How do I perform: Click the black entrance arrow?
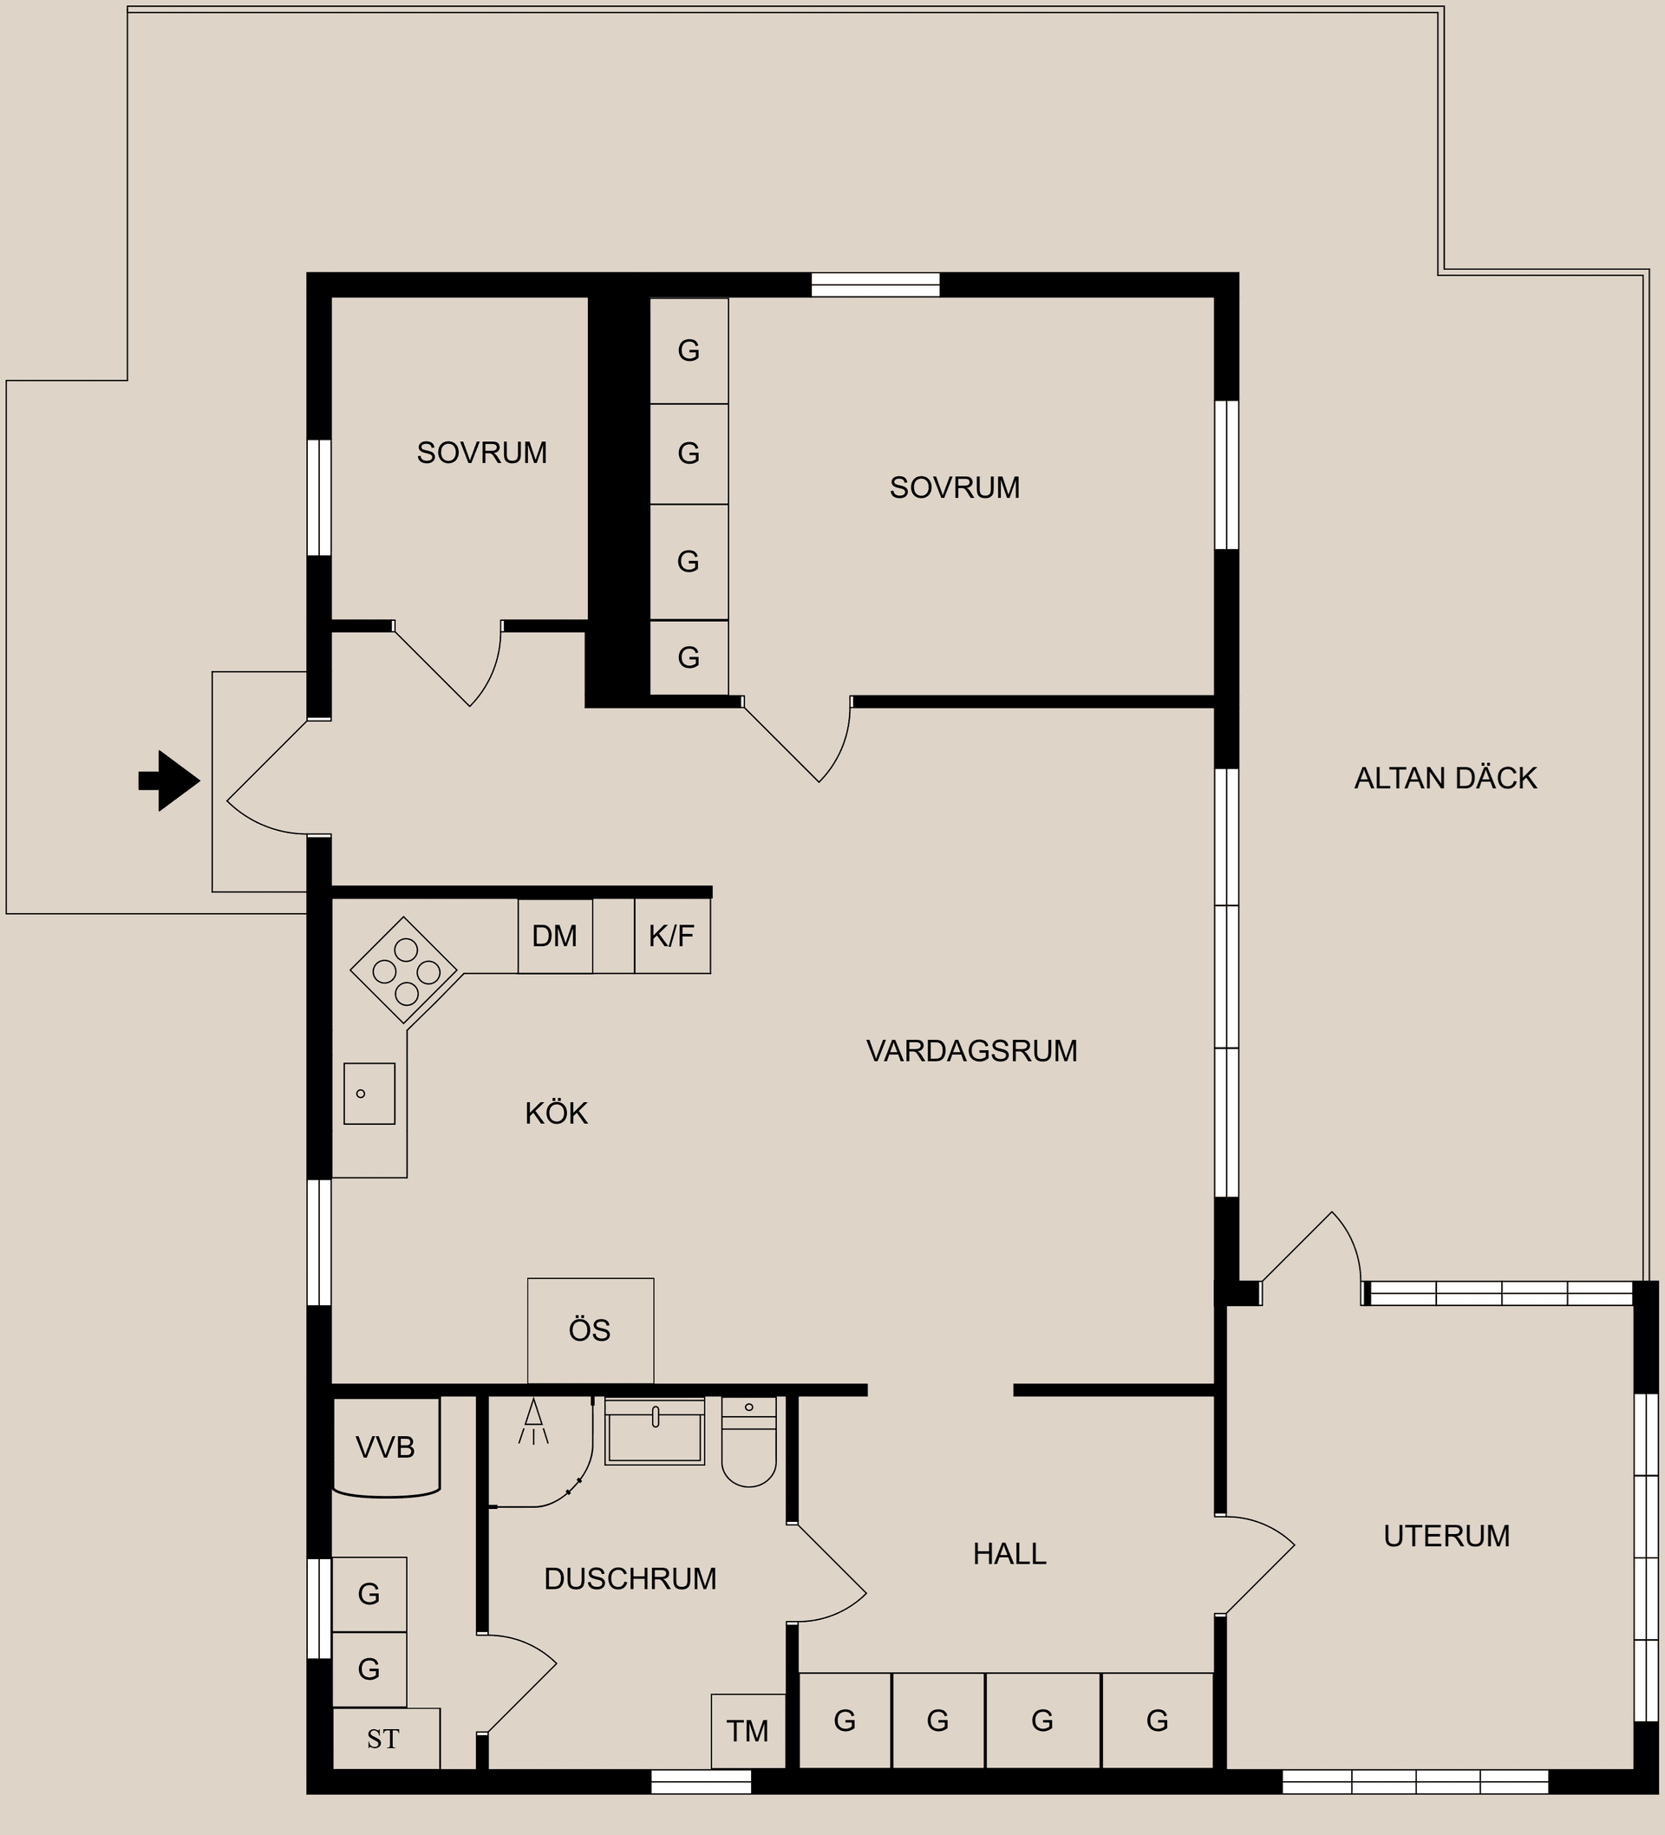tap(169, 780)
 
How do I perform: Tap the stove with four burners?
tap(404, 970)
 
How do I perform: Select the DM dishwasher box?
tap(555, 936)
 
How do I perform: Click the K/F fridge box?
tap(672, 936)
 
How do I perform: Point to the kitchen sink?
tap(369, 1094)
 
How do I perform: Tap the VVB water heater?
tap(387, 1447)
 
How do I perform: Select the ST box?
tap(386, 1740)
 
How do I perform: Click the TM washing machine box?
tap(748, 1731)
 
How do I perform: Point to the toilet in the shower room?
tap(749, 1441)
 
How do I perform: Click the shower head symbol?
tap(533, 1421)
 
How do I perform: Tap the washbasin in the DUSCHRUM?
tap(655, 1431)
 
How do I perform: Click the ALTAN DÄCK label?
tap(1446, 778)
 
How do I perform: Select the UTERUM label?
tap(1446, 1536)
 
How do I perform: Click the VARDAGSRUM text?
tap(972, 1051)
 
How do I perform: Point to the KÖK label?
tap(556, 1113)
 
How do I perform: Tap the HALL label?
tap(1009, 1554)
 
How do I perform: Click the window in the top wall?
tap(876, 285)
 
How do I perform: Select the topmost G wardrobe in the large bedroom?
tap(689, 351)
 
